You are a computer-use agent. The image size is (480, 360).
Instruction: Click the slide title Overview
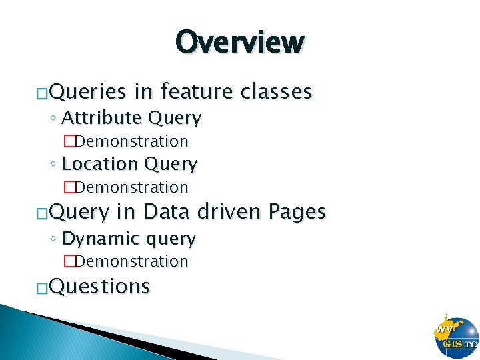click(x=240, y=42)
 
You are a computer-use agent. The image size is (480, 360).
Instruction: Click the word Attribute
click(x=101, y=118)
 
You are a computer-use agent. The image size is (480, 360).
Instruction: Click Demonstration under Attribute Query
click(x=131, y=141)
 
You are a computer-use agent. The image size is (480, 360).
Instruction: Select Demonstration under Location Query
click(x=131, y=187)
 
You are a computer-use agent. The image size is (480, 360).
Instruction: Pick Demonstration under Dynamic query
click(x=131, y=261)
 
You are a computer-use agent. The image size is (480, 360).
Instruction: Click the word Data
click(x=165, y=212)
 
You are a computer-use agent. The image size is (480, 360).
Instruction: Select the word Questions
click(x=99, y=286)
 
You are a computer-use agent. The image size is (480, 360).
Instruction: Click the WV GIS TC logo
click(x=456, y=336)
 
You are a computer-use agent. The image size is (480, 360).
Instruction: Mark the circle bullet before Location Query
click(x=53, y=165)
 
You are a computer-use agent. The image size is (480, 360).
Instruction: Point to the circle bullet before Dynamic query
click(x=53, y=239)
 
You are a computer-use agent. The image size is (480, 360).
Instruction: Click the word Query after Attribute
click(x=175, y=119)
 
